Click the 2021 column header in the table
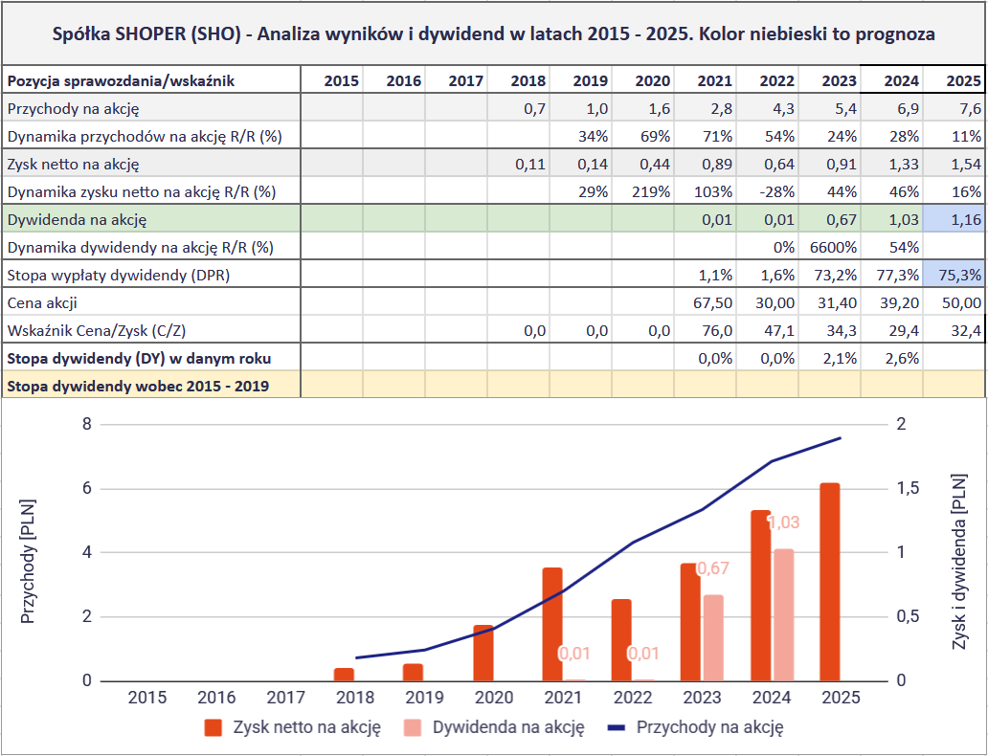point(714,81)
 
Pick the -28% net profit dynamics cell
point(776,191)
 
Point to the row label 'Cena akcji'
point(42,302)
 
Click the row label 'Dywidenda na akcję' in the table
point(77,219)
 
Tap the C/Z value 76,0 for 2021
point(715,330)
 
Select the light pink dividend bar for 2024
point(783,614)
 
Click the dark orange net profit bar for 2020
point(483,653)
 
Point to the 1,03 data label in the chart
point(783,523)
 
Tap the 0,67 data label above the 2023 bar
point(712,568)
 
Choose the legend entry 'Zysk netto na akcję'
point(294,727)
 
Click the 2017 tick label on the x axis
point(286,698)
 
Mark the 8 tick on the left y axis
point(87,424)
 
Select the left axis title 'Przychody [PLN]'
point(29,561)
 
